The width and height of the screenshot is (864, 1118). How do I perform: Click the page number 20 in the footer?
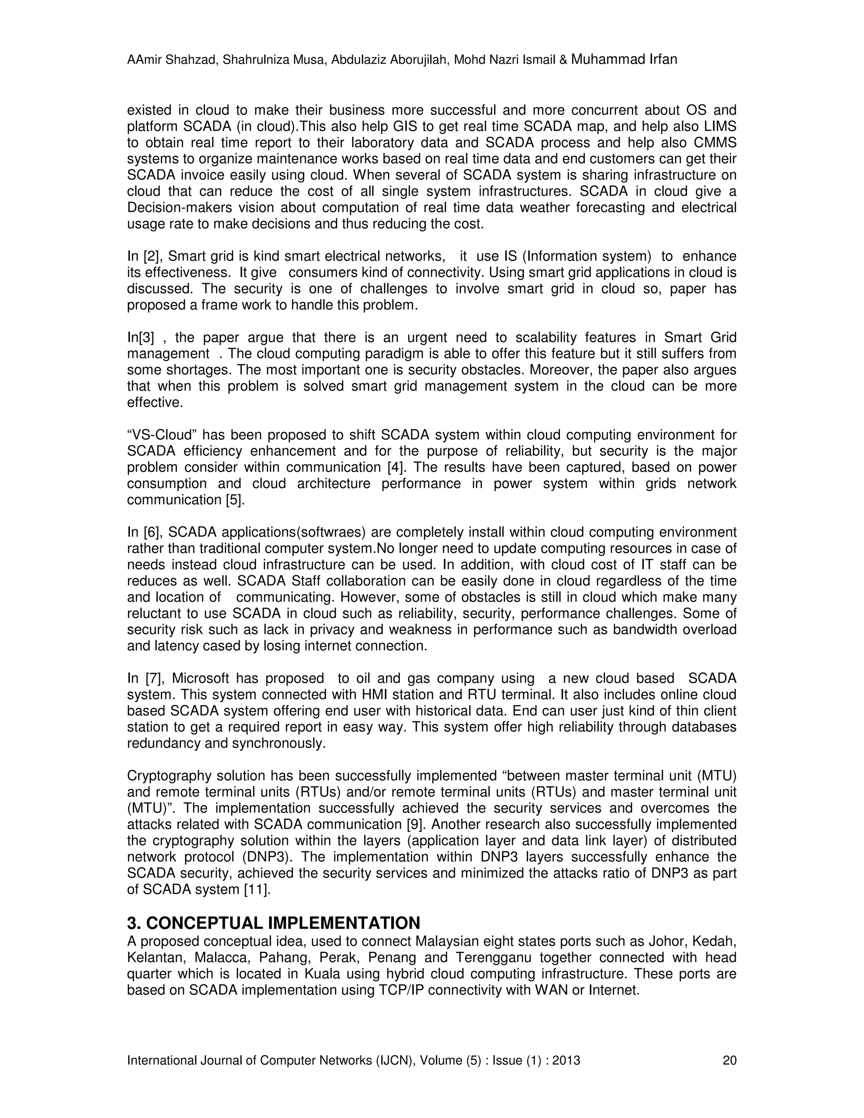point(729,1060)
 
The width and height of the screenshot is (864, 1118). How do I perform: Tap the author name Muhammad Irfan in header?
point(624,59)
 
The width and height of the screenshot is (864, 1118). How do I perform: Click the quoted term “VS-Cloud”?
point(162,435)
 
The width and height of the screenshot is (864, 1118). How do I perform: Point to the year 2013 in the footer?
point(566,1060)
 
